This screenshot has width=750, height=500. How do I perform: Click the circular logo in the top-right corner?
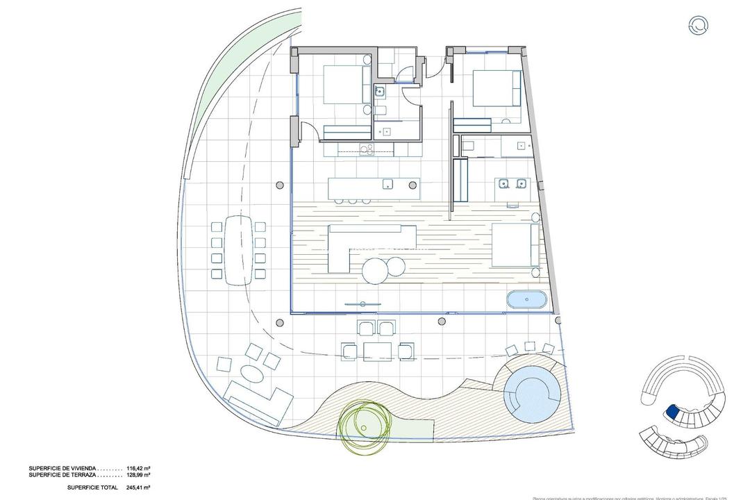click(699, 26)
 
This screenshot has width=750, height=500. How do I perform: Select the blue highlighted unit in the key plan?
click(672, 412)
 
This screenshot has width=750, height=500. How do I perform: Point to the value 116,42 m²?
click(136, 469)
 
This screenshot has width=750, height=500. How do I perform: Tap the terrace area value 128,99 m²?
click(136, 476)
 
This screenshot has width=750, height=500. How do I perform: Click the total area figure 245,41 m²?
click(136, 487)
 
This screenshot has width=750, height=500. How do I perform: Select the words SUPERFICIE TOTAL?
click(90, 487)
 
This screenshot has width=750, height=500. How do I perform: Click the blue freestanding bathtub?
click(526, 301)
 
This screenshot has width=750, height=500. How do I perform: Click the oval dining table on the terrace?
click(238, 249)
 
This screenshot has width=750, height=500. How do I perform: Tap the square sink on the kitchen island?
click(388, 184)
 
